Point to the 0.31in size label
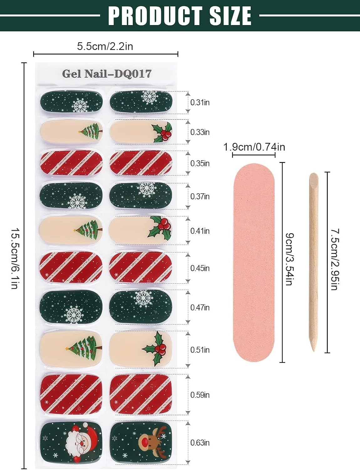(x=200, y=102)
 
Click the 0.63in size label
(x=200, y=443)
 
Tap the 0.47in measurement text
(x=200, y=307)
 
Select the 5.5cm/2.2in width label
(x=105, y=46)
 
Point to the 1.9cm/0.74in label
(x=254, y=147)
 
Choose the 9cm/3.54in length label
(x=289, y=258)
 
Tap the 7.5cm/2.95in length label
(x=335, y=259)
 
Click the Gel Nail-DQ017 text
(x=106, y=74)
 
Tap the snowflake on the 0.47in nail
(x=143, y=298)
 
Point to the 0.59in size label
(x=200, y=395)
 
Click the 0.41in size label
(x=200, y=231)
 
